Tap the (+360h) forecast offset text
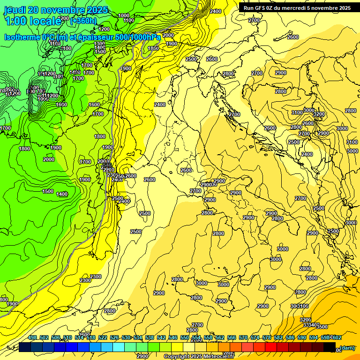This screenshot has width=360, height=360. (x=83, y=21)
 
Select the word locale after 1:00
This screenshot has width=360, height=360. (x=45, y=21)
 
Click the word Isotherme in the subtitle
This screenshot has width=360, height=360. (x=22, y=37)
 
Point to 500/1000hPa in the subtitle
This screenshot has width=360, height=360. (x=137, y=37)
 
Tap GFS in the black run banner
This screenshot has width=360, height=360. (x=261, y=7)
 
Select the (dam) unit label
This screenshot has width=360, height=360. (x=347, y=347)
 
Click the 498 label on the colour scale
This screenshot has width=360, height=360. (x=32, y=338)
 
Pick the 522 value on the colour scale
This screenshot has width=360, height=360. (x=103, y=338)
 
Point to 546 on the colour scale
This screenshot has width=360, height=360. (x=173, y=338)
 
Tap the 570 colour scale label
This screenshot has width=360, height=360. (x=243, y=338)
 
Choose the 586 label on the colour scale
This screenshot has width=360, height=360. (x=290, y=338)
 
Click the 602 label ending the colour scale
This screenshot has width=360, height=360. (x=336, y=338)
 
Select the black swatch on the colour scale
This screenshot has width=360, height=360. (x=330, y=347)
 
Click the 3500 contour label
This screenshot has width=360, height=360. (x=322, y=327)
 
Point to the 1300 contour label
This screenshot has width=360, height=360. (x=99, y=44)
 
